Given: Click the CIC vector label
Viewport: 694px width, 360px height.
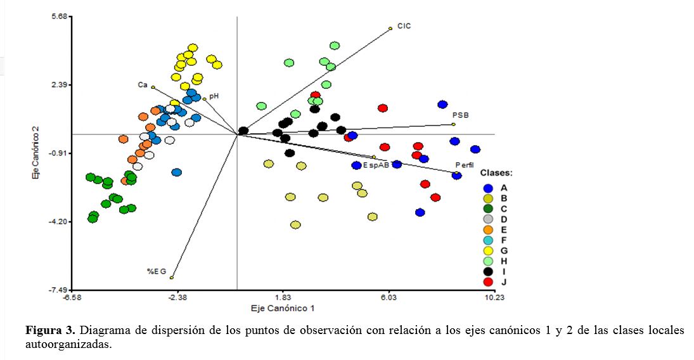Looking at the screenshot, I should tap(404, 26).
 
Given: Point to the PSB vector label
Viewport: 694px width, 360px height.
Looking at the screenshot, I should tap(460, 115).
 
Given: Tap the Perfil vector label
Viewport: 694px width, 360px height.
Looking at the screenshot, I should tap(465, 165).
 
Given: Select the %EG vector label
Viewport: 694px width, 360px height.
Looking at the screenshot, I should tap(157, 271).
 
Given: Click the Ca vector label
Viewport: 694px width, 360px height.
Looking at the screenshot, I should tap(143, 85).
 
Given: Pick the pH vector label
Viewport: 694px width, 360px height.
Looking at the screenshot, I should tap(214, 96).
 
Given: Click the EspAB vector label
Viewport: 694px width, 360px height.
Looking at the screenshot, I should tap(376, 165).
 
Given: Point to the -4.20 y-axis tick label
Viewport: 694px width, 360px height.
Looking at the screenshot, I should tap(59, 222).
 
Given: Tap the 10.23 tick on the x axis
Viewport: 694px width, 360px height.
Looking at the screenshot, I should tap(494, 297).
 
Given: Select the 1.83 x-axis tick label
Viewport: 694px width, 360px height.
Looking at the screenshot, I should tap(283, 297).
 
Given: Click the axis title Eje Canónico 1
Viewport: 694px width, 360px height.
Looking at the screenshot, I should tap(283, 309).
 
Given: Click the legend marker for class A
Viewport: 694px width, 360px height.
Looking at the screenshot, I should tap(488, 188).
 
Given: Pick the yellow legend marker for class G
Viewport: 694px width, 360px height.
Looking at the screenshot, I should tap(488, 250).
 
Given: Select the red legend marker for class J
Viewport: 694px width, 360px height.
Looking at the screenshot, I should tap(488, 281).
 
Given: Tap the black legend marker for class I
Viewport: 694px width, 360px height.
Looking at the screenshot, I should tap(488, 271).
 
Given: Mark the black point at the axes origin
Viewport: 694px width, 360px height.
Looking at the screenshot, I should tap(243, 131).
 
